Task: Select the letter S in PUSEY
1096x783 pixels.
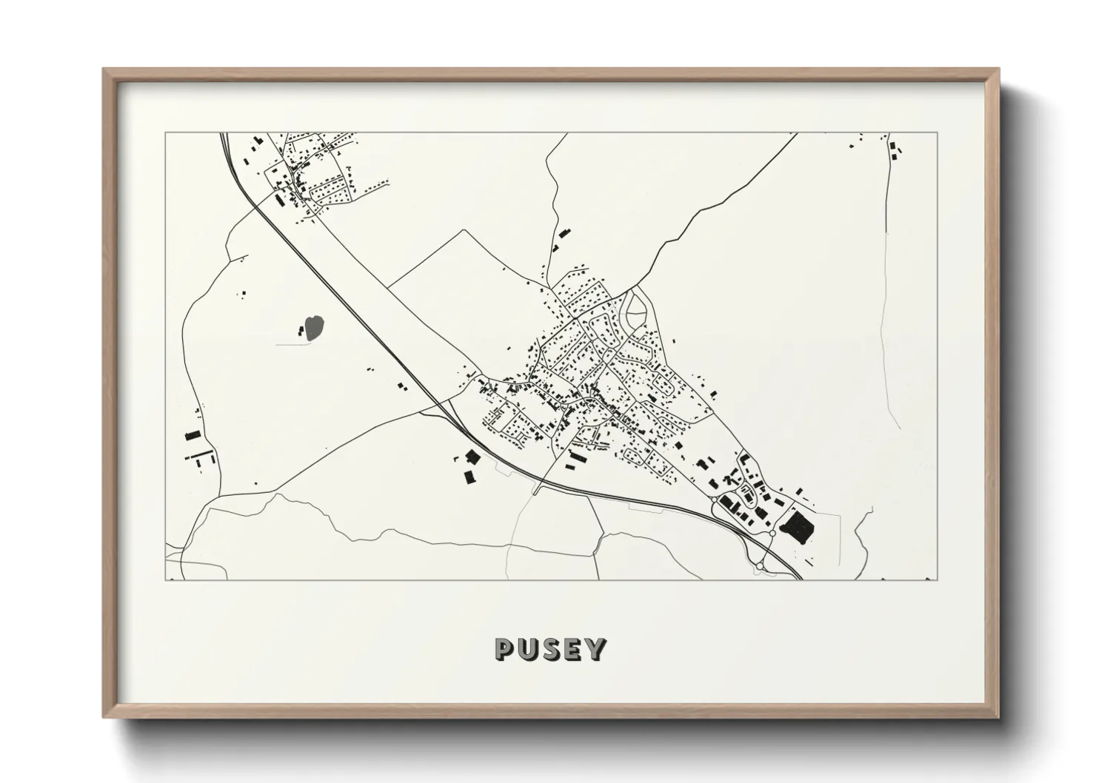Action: (x=551, y=650)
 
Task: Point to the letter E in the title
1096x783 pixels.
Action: (x=572, y=650)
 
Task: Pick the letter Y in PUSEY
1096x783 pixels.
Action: (x=595, y=650)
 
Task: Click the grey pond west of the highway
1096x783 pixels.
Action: (x=315, y=328)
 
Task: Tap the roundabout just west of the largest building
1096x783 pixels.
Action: (x=772, y=533)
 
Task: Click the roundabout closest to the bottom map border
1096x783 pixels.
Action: (x=760, y=565)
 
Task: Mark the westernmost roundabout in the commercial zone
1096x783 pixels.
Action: (x=713, y=500)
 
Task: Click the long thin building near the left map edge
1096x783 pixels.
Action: (x=198, y=453)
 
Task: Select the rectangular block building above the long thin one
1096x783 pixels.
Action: (x=193, y=435)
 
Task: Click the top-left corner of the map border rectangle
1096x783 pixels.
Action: (x=165, y=133)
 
